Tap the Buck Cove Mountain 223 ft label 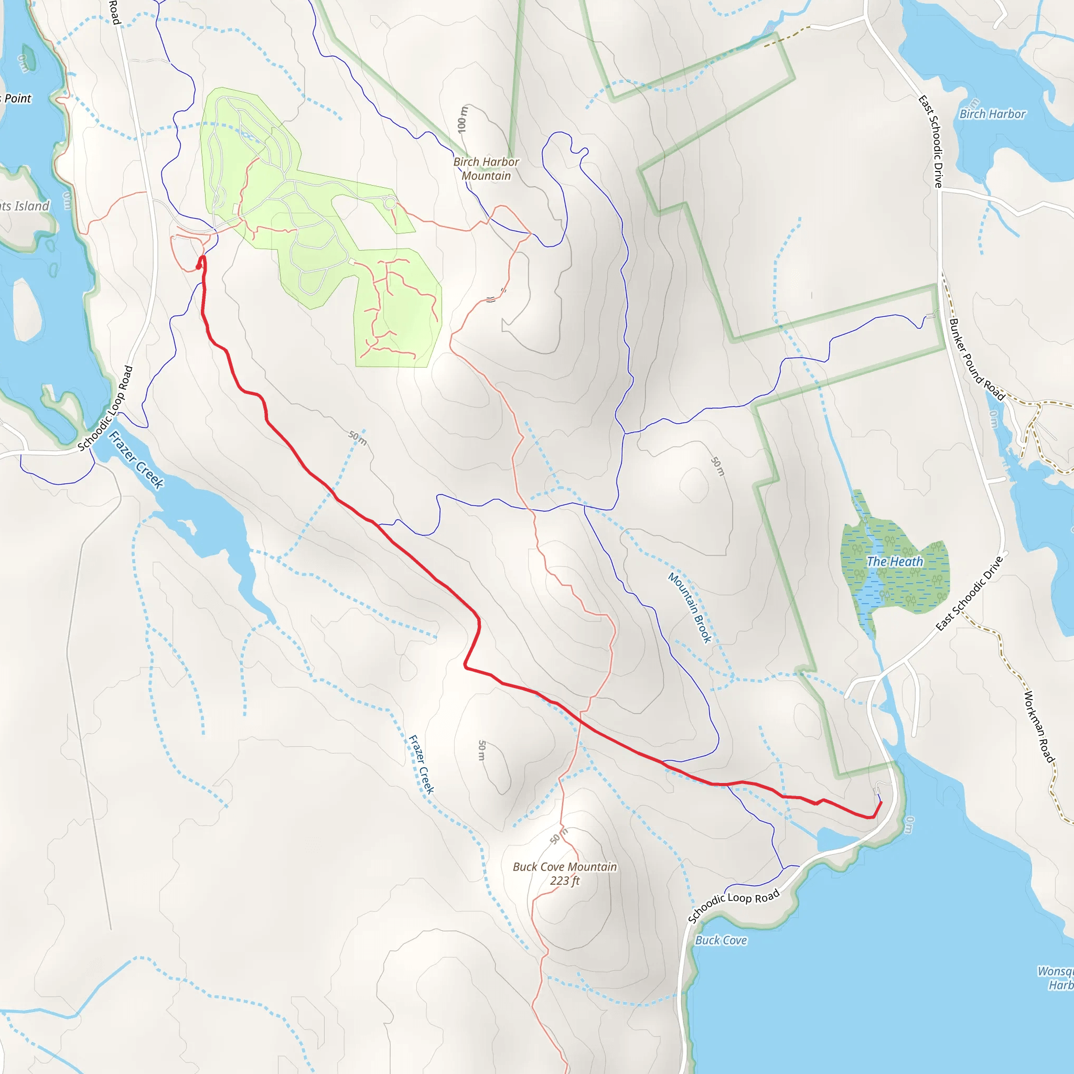(564, 873)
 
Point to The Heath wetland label (895, 562)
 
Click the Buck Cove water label (721, 940)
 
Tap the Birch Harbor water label (992, 114)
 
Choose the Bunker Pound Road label (976, 359)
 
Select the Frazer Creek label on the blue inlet (136, 460)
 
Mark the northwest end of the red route (198, 267)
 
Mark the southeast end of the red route (881, 802)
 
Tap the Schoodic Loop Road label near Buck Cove (733, 906)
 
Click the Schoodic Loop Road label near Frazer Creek (105, 408)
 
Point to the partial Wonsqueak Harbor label (1056, 979)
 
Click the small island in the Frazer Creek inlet (186, 524)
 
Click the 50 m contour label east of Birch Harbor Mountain (718, 466)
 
